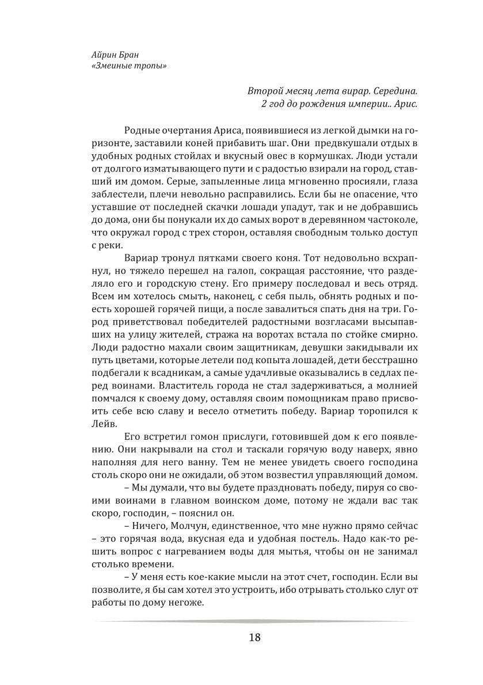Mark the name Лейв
point(103,424)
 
